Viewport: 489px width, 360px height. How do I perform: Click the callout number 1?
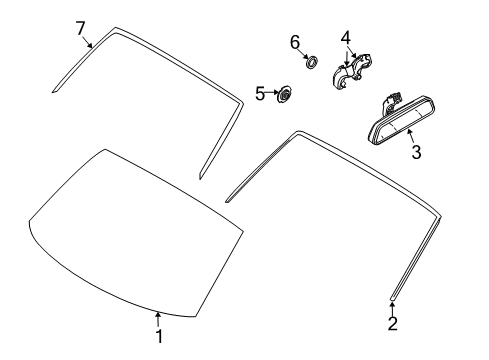click(159, 337)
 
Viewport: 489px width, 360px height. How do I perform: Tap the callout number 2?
click(393, 324)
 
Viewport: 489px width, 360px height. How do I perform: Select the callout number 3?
click(416, 152)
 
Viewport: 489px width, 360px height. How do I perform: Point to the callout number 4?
click(346, 38)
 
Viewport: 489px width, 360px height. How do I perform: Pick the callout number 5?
click(260, 94)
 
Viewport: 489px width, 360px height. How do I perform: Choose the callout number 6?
click(295, 43)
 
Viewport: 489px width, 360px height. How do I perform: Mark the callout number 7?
click(80, 28)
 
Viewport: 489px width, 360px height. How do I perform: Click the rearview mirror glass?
click(402, 120)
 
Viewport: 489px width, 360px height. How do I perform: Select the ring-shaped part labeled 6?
click(312, 62)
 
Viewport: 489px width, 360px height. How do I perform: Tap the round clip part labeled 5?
click(284, 95)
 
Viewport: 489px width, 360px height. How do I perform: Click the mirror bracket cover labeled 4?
click(352, 71)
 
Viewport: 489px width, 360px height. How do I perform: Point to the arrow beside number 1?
click(158, 319)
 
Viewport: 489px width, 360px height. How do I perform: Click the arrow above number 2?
click(392, 309)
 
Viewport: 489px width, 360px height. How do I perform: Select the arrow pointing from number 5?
click(272, 92)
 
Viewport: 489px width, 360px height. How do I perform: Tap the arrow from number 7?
click(87, 42)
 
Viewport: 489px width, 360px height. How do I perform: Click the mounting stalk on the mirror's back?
click(390, 103)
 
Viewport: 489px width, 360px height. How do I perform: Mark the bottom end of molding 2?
click(393, 299)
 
